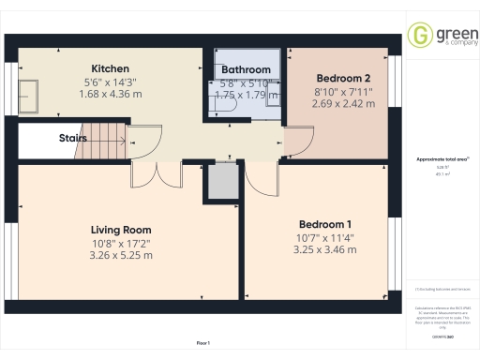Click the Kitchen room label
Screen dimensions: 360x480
coord(110,68)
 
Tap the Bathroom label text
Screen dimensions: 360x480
coord(246,70)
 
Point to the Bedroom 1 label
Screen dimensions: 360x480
coord(325,224)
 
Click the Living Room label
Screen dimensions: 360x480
coord(121,230)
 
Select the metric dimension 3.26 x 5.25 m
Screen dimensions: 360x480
coord(121,255)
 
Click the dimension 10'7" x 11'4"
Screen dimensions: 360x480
coord(325,237)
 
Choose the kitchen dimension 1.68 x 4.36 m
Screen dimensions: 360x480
coord(110,94)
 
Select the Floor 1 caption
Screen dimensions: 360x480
coord(203,345)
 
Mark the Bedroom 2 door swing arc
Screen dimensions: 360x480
coord(298,143)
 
